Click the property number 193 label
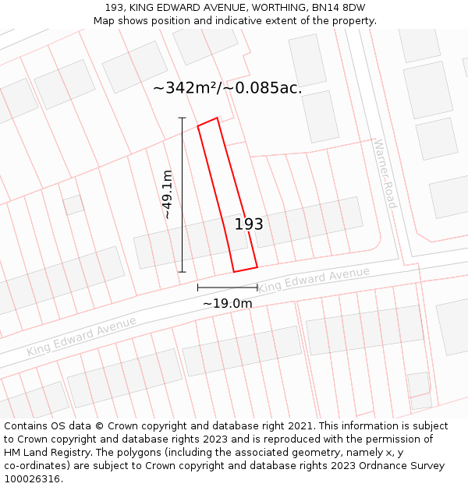[x=249, y=224]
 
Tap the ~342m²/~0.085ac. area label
[x=227, y=88]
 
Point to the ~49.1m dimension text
[x=167, y=195]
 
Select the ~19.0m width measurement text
[x=227, y=303]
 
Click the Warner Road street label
[x=385, y=174]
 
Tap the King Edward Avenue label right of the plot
[x=314, y=281]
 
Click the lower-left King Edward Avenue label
[x=81, y=336]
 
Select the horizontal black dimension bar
[x=227, y=288]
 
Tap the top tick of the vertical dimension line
[x=183, y=118]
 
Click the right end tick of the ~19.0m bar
[x=257, y=288]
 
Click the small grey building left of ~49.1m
[x=73, y=205]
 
